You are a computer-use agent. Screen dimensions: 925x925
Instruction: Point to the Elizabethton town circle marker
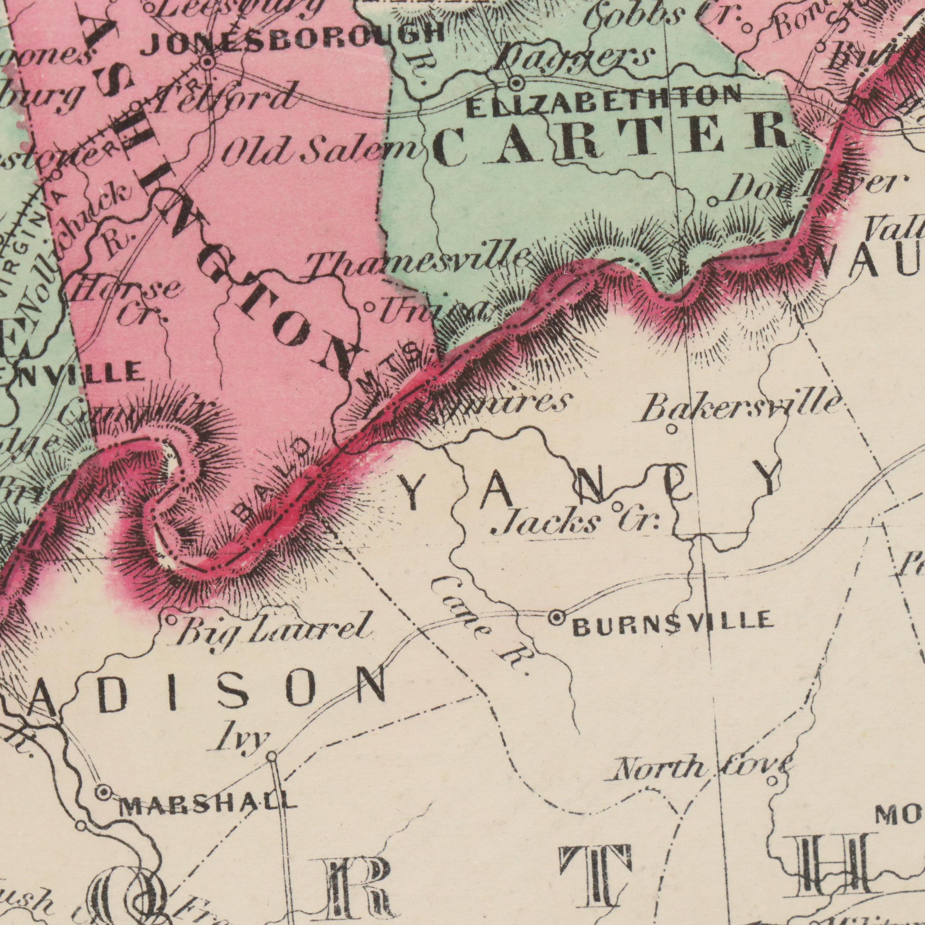pos(516,84)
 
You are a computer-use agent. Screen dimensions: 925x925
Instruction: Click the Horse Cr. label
pos(129,302)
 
